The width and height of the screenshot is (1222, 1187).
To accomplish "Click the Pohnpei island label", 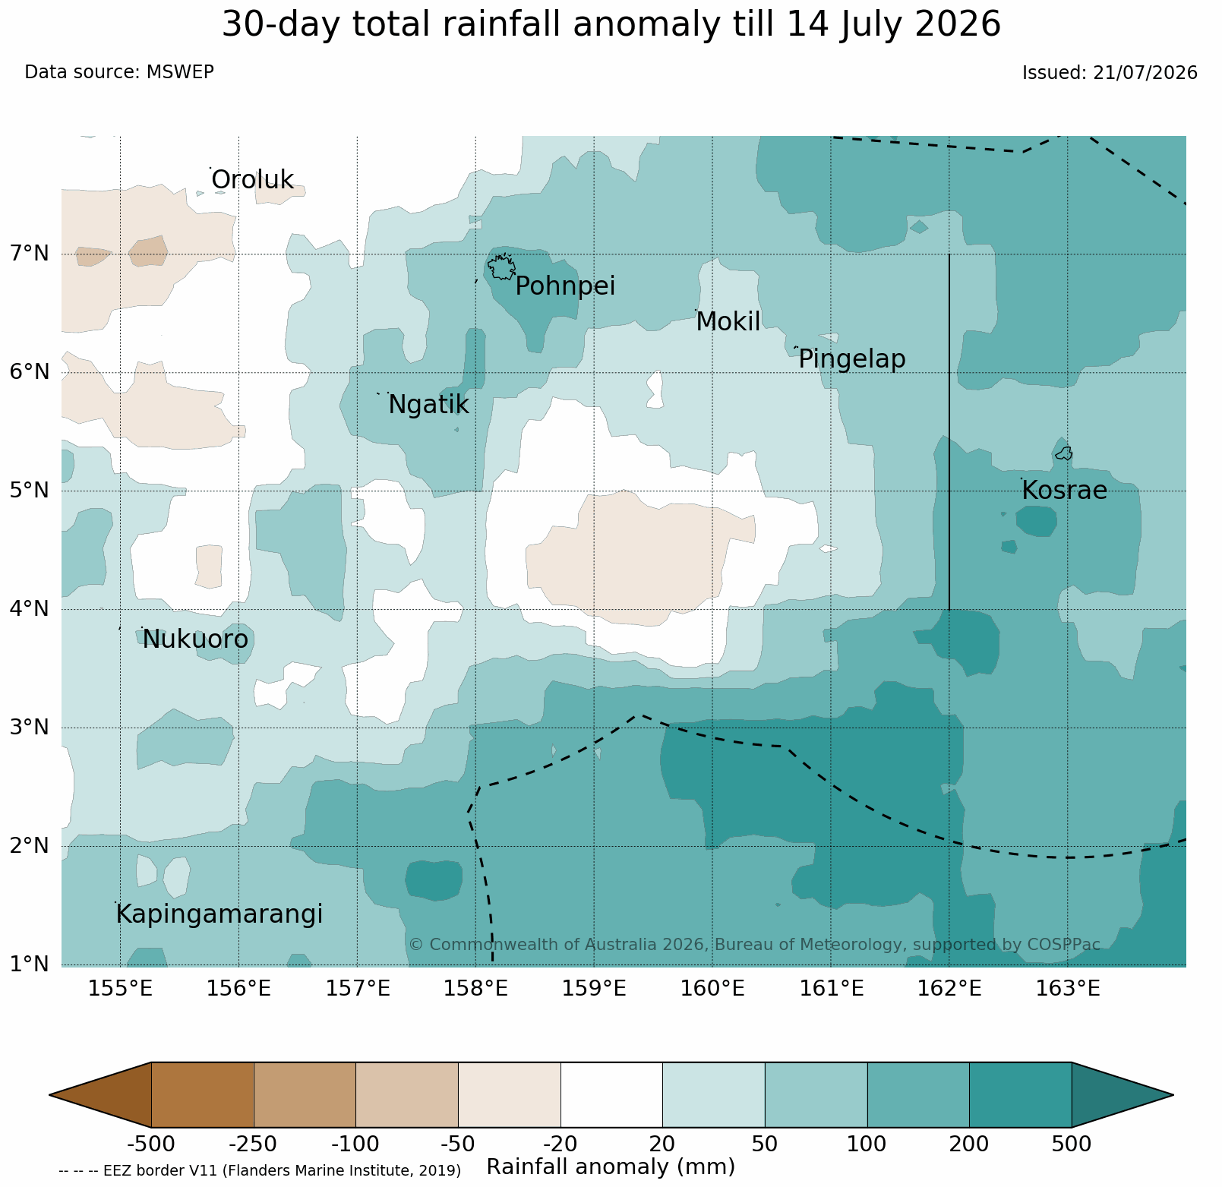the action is coord(565,287).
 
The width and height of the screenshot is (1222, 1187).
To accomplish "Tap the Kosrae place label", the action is coord(1064,491).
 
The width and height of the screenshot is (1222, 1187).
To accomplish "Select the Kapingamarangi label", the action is coord(219,914).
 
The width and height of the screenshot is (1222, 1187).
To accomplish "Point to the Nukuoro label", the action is coord(195,639).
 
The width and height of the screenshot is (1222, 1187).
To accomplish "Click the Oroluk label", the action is coord(252,180).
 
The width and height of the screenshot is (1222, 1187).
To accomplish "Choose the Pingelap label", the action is coord(852,359).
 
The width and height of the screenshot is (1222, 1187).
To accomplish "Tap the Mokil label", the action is coord(728,322).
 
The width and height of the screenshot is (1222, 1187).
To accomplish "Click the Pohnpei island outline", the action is coord(501,267).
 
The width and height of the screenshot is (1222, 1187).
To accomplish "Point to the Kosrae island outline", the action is coord(1063,453).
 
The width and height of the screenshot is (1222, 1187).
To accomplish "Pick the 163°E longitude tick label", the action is coord(1068,989).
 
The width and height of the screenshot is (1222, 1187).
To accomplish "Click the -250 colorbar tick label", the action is coord(254,1144).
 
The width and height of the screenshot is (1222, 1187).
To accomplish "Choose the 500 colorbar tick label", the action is coord(1071,1144).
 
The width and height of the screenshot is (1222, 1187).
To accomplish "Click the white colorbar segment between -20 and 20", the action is coord(611,1094).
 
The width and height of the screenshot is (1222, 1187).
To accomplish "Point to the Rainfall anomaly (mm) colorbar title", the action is coord(611,1166).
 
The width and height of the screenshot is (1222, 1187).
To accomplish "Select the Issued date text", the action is coord(1110,73).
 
